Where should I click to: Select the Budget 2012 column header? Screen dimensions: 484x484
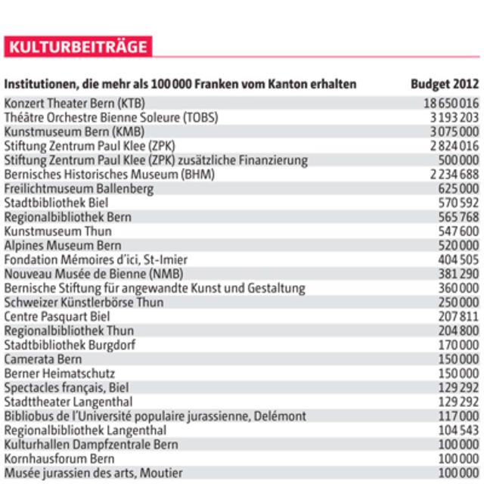click(x=445, y=83)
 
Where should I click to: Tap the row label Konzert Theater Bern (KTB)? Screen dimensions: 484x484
click(x=75, y=103)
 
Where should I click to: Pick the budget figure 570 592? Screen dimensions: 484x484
click(x=458, y=203)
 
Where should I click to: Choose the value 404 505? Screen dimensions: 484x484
click(x=458, y=259)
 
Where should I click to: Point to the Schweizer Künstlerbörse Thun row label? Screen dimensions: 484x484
click(x=83, y=302)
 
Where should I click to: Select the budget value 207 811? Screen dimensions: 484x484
click(x=458, y=315)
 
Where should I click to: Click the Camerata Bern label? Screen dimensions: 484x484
click(x=43, y=358)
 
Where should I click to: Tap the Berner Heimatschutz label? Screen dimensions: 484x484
click(x=60, y=373)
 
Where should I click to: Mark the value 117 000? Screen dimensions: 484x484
click(x=458, y=416)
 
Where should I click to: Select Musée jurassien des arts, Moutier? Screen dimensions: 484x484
click(x=93, y=473)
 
